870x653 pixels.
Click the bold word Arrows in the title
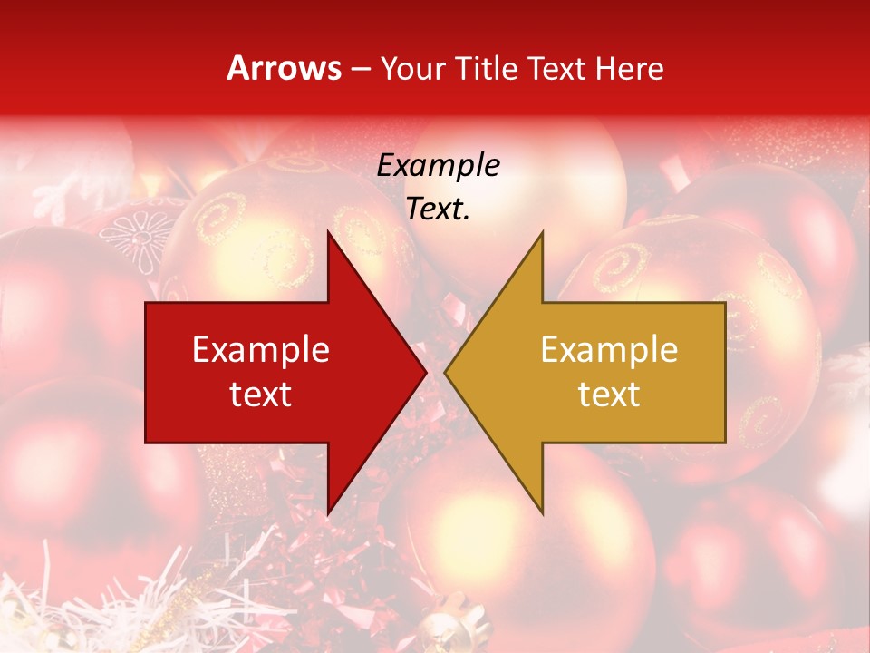(284, 68)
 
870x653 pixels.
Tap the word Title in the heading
(486, 68)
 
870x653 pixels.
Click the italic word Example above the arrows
(439, 166)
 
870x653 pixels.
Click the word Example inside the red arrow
(261, 349)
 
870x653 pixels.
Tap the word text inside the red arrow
(261, 395)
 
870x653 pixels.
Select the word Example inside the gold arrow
(609, 349)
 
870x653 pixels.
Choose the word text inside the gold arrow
(609, 395)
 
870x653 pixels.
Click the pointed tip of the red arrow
(426, 372)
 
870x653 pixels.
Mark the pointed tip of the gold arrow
(445, 372)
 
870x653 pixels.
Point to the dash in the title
(361, 69)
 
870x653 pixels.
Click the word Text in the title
(557, 68)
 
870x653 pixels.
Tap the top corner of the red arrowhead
(327, 231)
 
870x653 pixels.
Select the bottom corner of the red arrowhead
(327, 513)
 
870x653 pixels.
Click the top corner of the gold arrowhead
(542, 231)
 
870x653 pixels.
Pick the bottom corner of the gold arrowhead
(542, 513)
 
